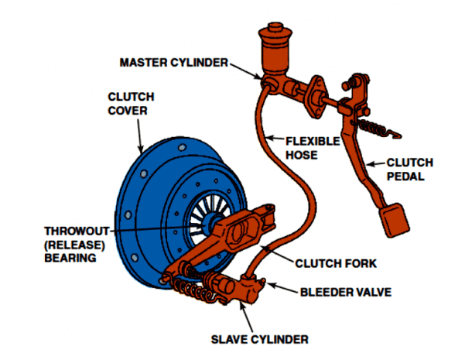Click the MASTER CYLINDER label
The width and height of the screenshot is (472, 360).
point(173,62)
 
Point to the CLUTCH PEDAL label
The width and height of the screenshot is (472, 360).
point(409,168)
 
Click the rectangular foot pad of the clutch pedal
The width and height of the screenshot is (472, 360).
point(395,218)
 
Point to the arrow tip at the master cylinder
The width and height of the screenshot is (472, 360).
point(263,78)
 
